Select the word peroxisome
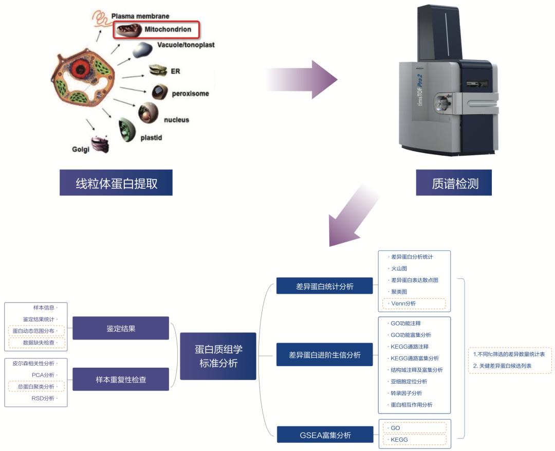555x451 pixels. pos(190,94)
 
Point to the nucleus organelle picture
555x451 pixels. pos(148,112)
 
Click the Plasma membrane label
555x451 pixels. pos(140,16)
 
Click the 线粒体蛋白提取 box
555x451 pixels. pos(116,183)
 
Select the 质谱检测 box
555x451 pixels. pos(454,183)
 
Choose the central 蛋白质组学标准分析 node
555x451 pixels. pos(218,356)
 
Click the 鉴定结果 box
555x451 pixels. pos(121,328)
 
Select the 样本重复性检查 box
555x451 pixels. pos(121,379)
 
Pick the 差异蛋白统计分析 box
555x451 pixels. pos(324,286)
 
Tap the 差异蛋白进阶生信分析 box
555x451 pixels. pos(324,354)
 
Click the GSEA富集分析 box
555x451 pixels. pos(325,435)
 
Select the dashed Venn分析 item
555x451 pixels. pos(414,303)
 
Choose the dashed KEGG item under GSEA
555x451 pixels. pos(414,440)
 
